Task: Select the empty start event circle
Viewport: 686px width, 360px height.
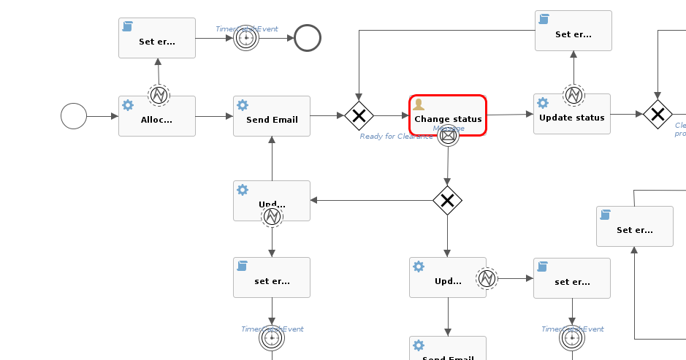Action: [74, 115]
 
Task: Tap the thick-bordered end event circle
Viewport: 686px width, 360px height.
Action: [308, 38]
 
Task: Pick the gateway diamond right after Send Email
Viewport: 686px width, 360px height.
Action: [359, 115]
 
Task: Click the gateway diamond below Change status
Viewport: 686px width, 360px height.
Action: [447, 200]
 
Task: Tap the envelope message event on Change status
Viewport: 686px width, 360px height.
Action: [448, 135]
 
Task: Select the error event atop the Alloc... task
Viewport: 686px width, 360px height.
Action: [159, 95]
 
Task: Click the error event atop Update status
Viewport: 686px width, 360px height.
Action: [573, 94]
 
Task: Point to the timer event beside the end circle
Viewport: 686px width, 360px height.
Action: [246, 38]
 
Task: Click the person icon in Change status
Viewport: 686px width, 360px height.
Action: [419, 105]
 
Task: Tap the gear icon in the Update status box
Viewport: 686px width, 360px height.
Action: [543, 103]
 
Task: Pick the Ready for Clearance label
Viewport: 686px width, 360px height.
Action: [395, 137]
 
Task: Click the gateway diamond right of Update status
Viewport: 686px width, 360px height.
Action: [658, 114]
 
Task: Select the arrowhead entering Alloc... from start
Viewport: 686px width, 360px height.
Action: [114, 116]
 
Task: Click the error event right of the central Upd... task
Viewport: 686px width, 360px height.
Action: [487, 278]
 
